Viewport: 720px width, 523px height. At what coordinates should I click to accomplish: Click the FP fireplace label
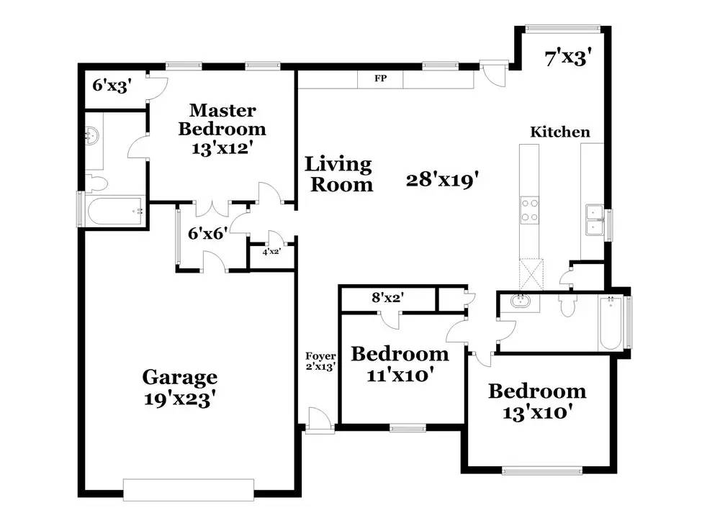[380, 78]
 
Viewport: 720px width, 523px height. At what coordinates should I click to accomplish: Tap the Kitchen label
[559, 132]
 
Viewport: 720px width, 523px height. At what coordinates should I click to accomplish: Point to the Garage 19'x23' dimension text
[180, 399]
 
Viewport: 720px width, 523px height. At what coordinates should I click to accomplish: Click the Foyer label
[320, 356]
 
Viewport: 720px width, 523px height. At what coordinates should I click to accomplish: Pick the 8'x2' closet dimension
[388, 298]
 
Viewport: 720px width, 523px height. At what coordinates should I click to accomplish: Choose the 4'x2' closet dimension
[271, 251]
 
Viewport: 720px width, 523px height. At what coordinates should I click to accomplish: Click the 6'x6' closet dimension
[208, 234]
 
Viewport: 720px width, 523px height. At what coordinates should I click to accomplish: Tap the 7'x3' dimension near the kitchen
[567, 58]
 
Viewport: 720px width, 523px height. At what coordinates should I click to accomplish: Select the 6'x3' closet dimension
[112, 86]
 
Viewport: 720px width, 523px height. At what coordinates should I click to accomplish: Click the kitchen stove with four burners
[529, 210]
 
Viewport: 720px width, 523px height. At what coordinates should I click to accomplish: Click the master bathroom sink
[92, 135]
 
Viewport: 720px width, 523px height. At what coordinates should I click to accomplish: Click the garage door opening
[189, 490]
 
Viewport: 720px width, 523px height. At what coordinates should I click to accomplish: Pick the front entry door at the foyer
[320, 420]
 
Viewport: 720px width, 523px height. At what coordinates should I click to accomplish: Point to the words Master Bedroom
[222, 119]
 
